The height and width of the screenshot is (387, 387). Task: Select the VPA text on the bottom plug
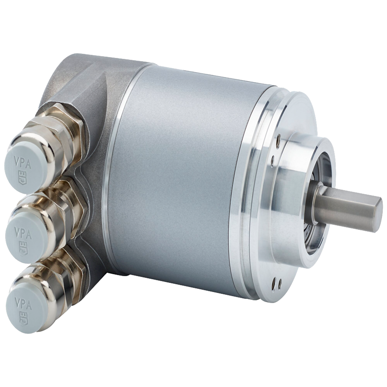(23, 302)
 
